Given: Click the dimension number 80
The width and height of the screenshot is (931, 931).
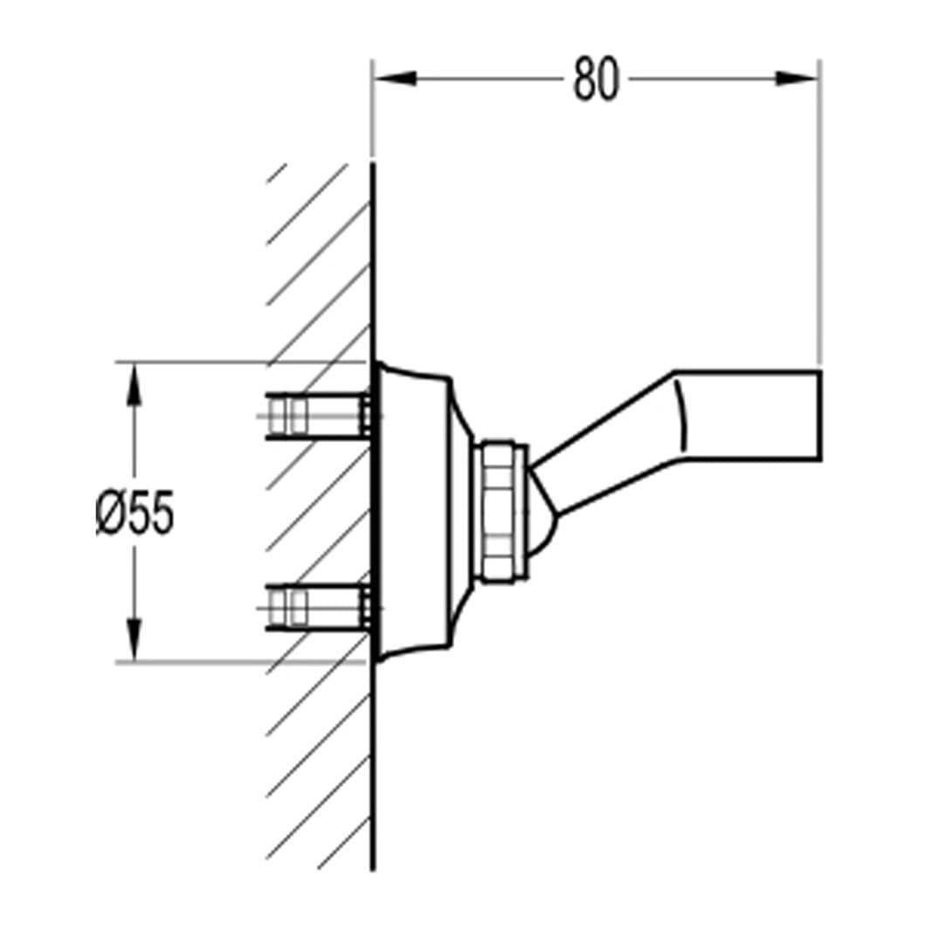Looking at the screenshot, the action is point(596,79).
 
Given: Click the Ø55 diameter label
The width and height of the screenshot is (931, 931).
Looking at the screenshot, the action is point(135,513).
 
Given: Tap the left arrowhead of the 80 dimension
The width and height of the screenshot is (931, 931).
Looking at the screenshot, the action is point(396,79).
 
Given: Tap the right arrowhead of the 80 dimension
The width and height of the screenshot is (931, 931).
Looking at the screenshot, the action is point(797,79).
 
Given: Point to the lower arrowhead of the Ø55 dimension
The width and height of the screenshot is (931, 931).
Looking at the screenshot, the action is point(134,638).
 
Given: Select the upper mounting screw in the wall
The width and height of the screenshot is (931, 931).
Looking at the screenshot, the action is point(319,416).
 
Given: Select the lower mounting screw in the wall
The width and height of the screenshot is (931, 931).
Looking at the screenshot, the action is point(319,607).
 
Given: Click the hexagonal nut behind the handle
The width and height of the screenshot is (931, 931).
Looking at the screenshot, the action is point(502,511).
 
